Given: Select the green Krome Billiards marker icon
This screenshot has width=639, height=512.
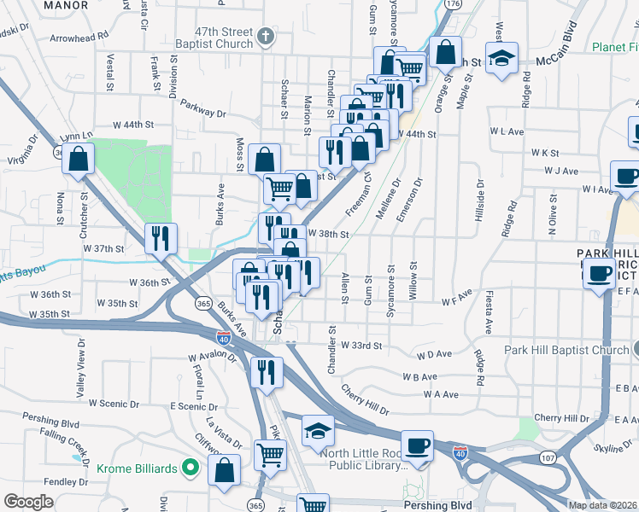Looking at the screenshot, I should tap(192, 468).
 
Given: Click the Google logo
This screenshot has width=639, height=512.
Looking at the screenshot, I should tap(28, 502).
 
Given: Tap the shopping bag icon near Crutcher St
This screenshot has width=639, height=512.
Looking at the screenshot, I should tap(78, 158).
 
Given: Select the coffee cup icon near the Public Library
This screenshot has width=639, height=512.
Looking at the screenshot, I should tap(417, 445).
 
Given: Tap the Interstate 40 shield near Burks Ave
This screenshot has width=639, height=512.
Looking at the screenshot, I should tap(223, 338).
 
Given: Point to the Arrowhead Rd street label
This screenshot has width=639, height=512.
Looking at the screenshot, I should tap(79, 38).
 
